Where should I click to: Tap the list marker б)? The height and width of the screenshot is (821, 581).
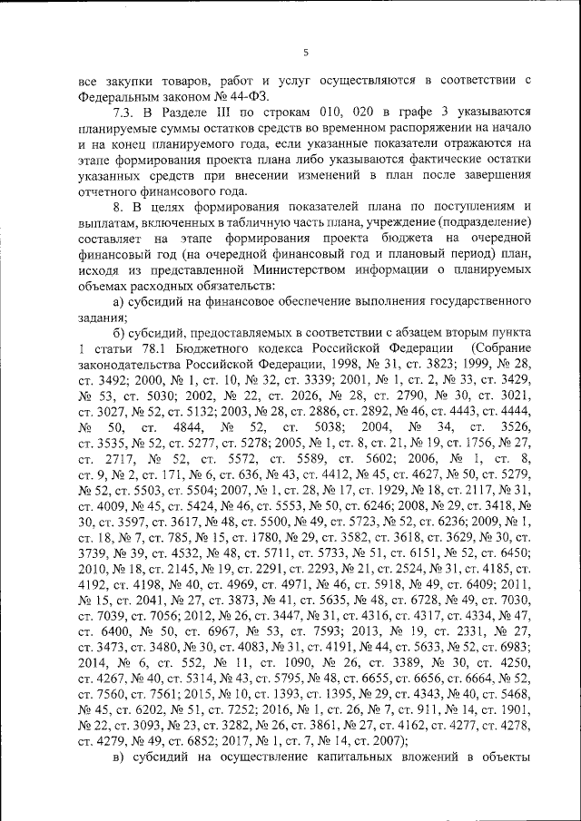coord(118,335)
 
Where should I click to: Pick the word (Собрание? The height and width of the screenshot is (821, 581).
coord(498,351)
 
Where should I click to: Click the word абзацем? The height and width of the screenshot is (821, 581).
coord(394,335)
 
